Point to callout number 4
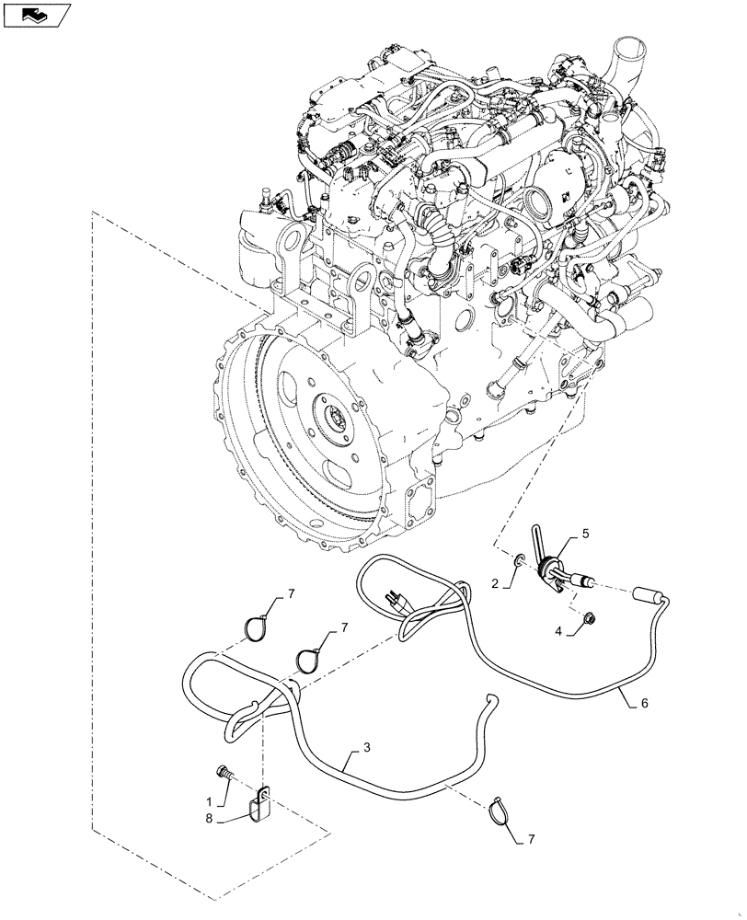pyautogui.click(x=557, y=630)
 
